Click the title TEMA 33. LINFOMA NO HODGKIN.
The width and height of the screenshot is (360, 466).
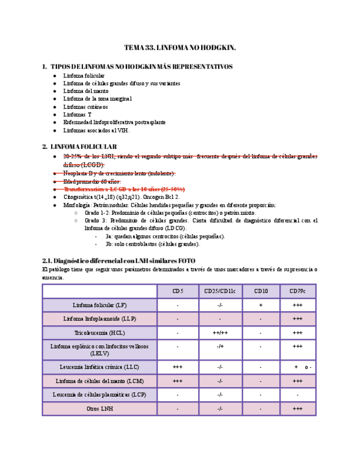(180, 48)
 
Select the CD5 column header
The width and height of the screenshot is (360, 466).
(178, 291)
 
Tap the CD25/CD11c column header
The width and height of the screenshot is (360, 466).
(219, 291)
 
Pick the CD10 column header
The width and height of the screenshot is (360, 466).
(261, 291)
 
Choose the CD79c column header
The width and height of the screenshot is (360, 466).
(297, 291)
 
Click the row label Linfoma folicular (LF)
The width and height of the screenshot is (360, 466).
(99, 305)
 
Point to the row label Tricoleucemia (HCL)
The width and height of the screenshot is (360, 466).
(99, 333)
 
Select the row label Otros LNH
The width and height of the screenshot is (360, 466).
(99, 409)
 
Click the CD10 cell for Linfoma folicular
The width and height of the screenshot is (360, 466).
(261, 305)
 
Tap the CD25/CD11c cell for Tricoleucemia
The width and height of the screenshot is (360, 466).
(219, 333)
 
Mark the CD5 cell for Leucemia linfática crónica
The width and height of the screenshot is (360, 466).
(178, 367)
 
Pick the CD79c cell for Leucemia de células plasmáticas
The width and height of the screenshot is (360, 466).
(297, 395)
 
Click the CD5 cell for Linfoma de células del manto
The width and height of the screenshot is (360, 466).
(178, 381)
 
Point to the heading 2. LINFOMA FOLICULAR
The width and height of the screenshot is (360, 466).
(79, 147)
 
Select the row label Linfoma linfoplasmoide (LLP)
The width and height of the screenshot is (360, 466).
(99, 319)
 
